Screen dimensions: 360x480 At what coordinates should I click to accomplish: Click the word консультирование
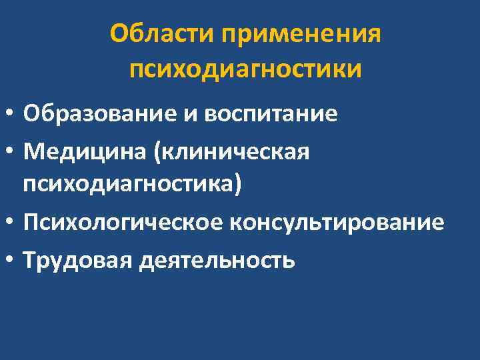pos(337,222)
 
